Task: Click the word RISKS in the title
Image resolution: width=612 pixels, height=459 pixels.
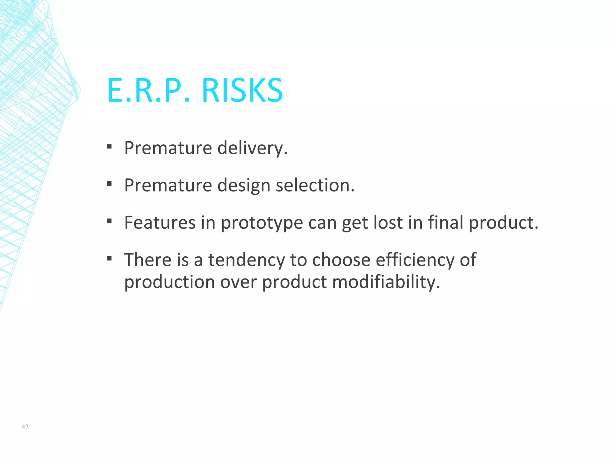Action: point(242,90)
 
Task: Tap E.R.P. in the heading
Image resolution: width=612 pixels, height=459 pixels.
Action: point(149,90)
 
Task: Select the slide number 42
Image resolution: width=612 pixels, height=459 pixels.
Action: point(25,427)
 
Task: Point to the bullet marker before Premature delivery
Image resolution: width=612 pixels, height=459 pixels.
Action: point(109,146)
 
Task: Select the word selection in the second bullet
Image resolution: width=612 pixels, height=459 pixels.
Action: point(315,185)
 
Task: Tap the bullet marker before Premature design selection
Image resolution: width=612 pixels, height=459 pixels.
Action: point(109,183)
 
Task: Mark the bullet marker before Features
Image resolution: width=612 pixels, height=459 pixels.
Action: point(109,221)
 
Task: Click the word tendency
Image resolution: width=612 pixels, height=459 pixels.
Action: point(247,260)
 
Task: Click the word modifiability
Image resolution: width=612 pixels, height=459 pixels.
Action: point(386,282)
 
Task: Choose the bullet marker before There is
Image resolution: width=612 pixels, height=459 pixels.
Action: point(109,258)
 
